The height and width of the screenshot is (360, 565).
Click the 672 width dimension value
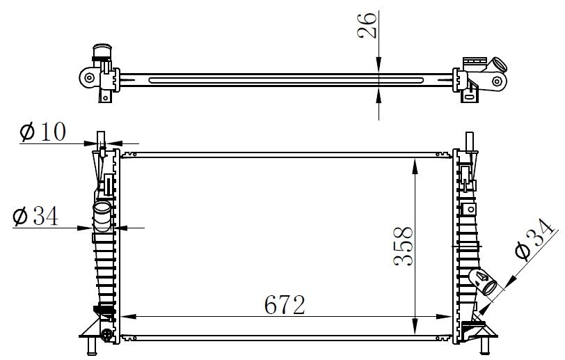click(x=285, y=305)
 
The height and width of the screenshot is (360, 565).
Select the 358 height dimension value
click(x=403, y=246)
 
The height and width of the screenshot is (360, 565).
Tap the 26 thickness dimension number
click(x=367, y=25)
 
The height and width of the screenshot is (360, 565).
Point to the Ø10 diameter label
click(x=43, y=132)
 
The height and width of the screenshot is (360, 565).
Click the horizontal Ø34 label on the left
click(x=35, y=217)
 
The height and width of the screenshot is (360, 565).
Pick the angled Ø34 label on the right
click(x=534, y=239)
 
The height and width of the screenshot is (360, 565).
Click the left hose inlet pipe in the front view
click(x=102, y=217)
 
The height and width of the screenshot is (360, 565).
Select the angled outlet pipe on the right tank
click(x=483, y=282)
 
